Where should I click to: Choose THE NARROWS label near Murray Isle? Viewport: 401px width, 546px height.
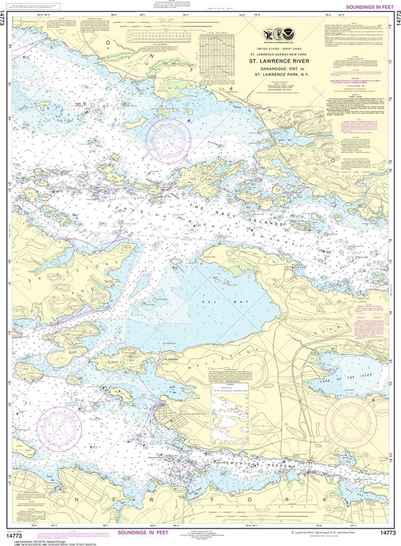click(170, 359)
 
